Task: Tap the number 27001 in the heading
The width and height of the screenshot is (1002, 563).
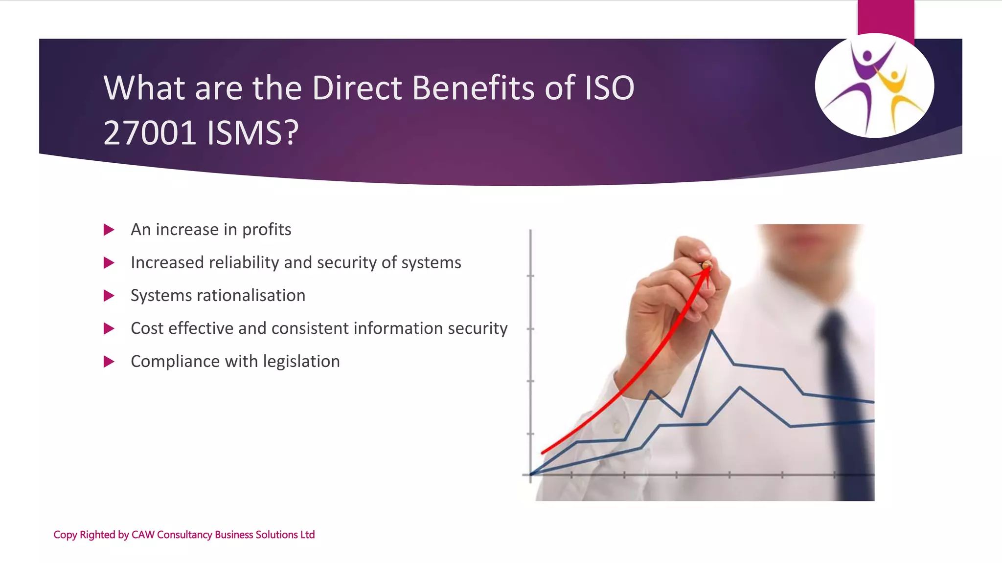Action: click(x=150, y=133)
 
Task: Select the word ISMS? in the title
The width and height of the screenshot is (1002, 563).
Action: click(x=252, y=133)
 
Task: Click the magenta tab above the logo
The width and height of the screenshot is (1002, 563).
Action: click(x=886, y=17)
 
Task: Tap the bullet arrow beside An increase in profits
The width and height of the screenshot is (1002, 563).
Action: click(x=109, y=230)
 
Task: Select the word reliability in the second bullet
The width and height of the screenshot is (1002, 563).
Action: click(x=243, y=263)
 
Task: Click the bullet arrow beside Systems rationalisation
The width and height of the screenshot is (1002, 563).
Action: click(x=109, y=296)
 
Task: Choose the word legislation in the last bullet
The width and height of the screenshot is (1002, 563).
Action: click(x=301, y=362)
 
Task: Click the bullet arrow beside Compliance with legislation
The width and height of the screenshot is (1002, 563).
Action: click(x=109, y=362)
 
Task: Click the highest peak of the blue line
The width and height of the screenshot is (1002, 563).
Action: click(x=711, y=331)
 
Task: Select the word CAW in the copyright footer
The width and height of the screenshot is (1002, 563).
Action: click(x=143, y=535)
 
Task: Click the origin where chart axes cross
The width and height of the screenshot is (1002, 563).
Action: click(x=531, y=474)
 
